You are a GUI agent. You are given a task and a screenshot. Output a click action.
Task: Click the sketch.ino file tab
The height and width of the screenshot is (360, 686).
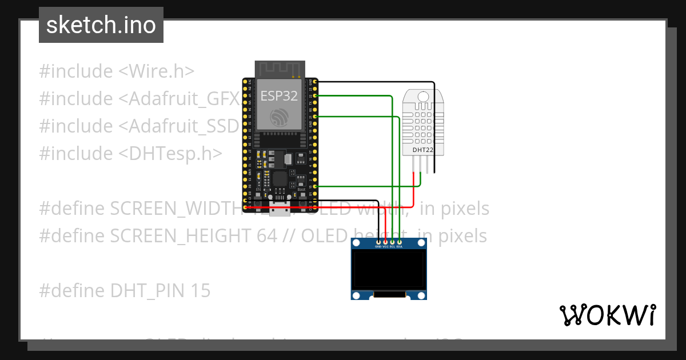(101, 25)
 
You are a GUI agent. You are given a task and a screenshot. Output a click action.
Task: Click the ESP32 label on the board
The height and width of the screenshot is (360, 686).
(279, 96)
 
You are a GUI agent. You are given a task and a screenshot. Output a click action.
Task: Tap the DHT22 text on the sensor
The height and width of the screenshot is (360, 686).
(423, 150)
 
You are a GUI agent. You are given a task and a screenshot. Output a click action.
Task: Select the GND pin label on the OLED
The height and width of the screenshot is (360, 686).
(378, 247)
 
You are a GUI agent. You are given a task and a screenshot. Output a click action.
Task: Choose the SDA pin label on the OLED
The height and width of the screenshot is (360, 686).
(400, 247)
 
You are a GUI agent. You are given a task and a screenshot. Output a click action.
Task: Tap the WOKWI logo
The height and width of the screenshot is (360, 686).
(607, 315)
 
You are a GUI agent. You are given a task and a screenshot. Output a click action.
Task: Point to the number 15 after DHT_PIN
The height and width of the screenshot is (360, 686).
(201, 291)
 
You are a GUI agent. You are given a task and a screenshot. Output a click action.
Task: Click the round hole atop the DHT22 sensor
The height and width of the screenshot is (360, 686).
(422, 96)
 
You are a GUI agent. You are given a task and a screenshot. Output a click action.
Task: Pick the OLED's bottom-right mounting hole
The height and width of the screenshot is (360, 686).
(421, 295)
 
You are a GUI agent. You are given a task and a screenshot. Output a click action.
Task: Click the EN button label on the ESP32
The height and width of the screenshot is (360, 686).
(258, 189)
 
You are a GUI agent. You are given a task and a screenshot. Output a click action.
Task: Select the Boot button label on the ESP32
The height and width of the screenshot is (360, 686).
(301, 189)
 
